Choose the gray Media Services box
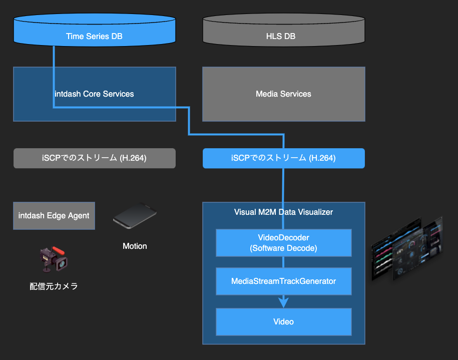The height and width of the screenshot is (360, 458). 283,94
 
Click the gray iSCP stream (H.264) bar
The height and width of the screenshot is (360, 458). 94,158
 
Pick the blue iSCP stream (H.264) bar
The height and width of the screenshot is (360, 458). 283,158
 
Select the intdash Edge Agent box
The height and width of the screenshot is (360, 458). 54,216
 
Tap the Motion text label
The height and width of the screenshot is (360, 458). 135,246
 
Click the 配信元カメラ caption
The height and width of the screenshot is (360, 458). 54,286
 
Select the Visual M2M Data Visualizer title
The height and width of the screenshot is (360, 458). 283,212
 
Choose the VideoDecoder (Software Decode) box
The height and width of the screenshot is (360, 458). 283,243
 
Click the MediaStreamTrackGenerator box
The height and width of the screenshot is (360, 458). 283,281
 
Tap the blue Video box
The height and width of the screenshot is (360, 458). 283,322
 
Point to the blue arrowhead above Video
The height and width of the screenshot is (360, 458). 284,302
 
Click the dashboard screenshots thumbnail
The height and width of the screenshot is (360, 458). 407,248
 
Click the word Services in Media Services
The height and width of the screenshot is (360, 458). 296,94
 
